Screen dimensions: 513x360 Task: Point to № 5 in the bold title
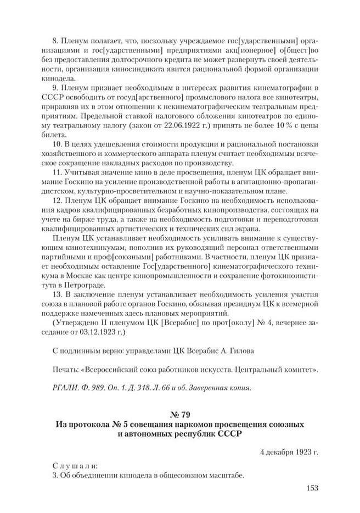130,425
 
